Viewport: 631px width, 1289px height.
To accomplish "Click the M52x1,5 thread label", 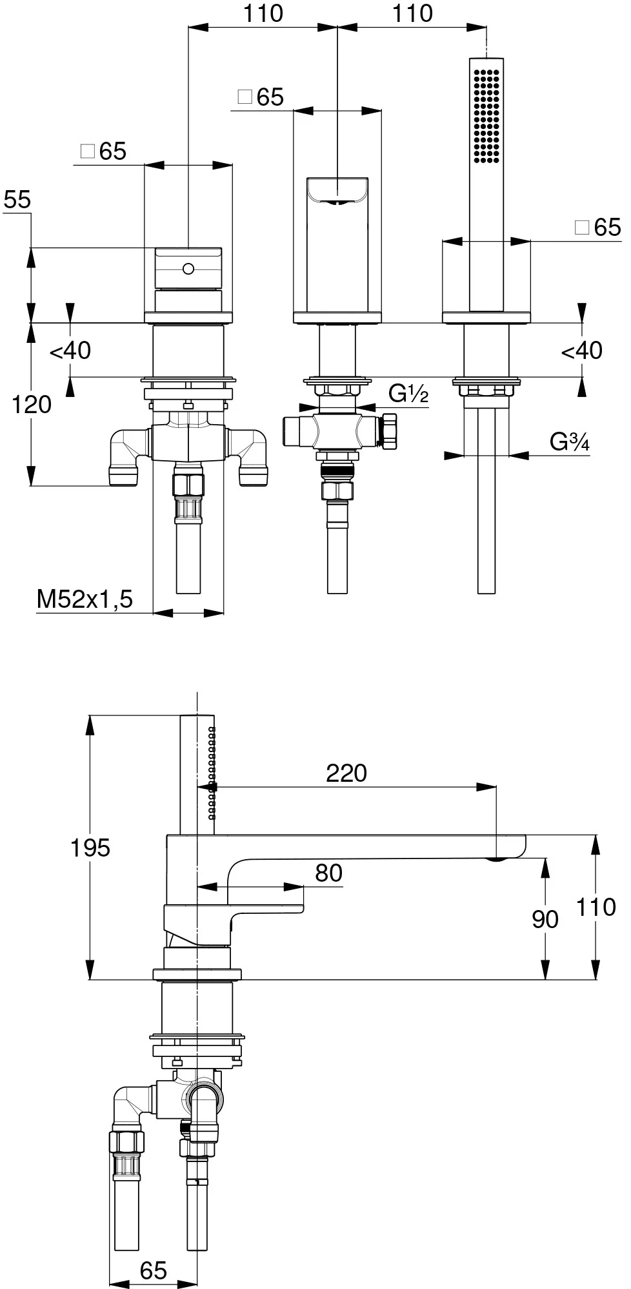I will [x=85, y=599].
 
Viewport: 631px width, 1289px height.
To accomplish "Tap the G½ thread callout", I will [x=408, y=393].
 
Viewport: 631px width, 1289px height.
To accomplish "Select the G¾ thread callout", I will [x=569, y=441].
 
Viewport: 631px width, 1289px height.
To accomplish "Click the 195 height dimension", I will [x=90, y=848].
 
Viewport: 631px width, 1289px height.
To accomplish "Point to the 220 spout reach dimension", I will [x=346, y=773].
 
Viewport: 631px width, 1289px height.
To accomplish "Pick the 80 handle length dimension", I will [x=328, y=873].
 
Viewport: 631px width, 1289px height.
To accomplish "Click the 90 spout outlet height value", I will [x=545, y=919].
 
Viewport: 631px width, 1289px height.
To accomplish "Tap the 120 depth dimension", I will [x=32, y=404].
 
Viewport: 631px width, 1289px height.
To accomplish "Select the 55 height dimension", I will [x=17, y=200].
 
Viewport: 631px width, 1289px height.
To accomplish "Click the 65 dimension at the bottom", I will [x=153, y=1270].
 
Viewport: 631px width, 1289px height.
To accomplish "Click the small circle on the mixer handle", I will [x=188, y=267].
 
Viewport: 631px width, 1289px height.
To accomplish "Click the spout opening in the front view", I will [x=337, y=191].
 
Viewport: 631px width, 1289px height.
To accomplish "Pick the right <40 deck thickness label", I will [x=581, y=351].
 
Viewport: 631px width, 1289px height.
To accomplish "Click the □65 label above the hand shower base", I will [x=597, y=227].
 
